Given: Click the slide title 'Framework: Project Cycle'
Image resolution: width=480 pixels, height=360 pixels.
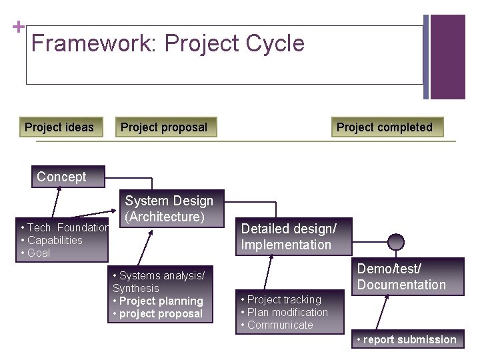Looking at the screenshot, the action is tap(167, 44).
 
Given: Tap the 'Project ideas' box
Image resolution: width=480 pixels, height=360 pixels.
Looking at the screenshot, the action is tap(59, 127).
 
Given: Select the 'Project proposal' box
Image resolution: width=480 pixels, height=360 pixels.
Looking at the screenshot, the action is tap(164, 127).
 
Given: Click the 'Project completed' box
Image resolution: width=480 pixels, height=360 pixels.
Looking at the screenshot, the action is tap(385, 127).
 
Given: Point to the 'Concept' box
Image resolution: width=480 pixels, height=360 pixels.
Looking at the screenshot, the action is tap(62, 177).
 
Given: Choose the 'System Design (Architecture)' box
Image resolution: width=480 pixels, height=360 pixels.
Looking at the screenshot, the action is tap(169, 209).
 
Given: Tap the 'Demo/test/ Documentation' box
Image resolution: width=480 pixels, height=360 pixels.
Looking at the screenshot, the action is tap(401, 277).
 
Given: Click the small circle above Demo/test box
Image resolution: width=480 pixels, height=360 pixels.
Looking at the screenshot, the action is tap(396, 241).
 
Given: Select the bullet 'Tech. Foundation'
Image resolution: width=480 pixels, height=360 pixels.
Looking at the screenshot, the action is tap(65, 228).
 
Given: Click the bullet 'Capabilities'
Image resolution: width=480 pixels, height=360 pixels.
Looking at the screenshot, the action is tap(52, 240).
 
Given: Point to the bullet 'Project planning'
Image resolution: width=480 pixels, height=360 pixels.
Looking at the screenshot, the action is tap(158, 301).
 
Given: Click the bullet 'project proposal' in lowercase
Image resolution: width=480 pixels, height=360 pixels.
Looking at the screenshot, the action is tap(158, 313).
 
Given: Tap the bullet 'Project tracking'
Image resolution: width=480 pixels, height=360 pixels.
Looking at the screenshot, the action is tap(281, 299).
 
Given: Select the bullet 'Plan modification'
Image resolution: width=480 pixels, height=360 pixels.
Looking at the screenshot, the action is tap(285, 312).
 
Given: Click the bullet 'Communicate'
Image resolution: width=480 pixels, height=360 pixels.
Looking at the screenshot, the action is tap(277, 325).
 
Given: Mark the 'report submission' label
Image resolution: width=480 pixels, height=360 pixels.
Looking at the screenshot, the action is tap(406, 339).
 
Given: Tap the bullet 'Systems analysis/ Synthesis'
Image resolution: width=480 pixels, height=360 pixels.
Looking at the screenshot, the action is tap(158, 281).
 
